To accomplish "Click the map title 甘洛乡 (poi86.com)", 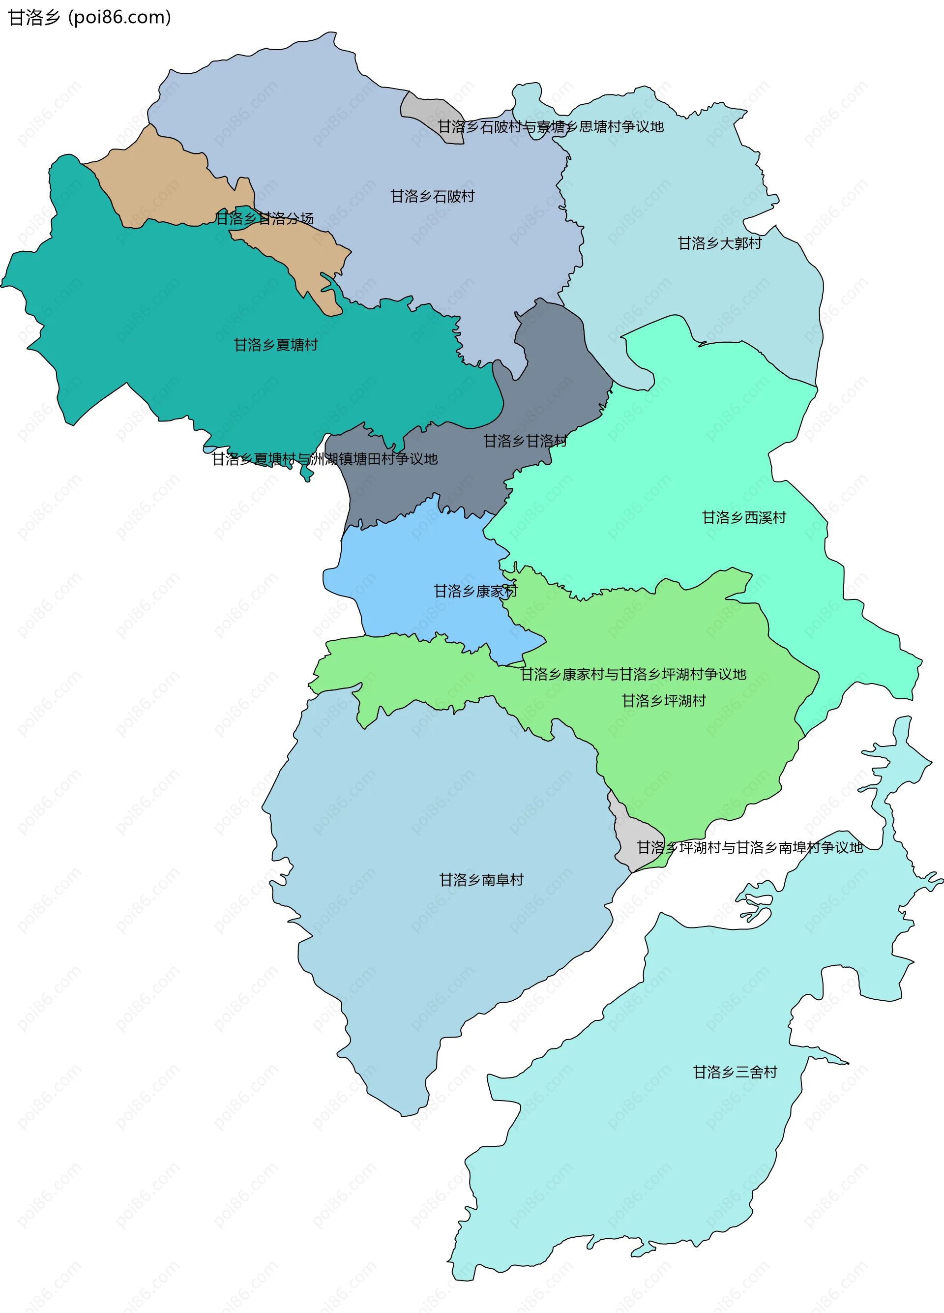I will point(89,17).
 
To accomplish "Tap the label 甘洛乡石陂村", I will point(432,196).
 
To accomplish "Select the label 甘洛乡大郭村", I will point(719,243).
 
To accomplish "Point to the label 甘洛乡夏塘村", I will point(275,345).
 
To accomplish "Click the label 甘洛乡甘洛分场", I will point(265,218).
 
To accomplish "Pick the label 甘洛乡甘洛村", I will point(525,441).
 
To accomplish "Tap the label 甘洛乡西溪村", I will point(744,517).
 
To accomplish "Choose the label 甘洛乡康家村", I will point(475,591).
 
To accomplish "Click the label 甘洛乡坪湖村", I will point(664,701).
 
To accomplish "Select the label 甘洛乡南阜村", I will point(481,880).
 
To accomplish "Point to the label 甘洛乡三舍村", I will point(735,1072).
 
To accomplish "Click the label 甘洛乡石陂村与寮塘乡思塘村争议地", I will point(551,127).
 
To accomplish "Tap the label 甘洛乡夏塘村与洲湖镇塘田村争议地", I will point(324,459).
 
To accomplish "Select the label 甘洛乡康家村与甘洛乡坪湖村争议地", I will point(633,674).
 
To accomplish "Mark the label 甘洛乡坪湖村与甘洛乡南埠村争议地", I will point(749,847).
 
